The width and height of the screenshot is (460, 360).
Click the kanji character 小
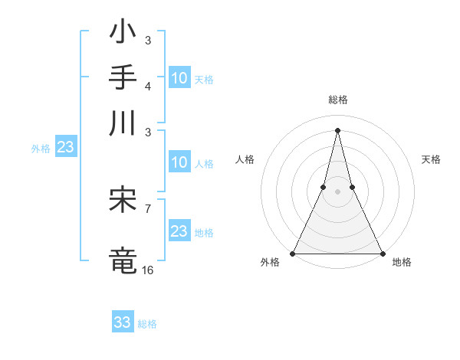(x=123, y=34)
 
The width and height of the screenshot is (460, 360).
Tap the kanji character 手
(x=123, y=79)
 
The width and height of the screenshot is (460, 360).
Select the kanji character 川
(x=123, y=123)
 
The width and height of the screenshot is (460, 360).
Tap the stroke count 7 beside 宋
(x=148, y=208)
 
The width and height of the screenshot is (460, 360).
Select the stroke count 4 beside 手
(x=148, y=85)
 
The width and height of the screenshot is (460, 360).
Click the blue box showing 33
(x=123, y=322)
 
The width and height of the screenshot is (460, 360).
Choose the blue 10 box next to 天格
(x=179, y=78)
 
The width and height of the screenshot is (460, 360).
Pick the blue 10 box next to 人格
(x=179, y=162)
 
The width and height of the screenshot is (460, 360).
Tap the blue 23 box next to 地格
(x=179, y=231)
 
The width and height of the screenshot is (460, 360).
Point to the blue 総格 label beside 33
(x=147, y=324)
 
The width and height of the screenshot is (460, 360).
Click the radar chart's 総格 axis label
(x=337, y=100)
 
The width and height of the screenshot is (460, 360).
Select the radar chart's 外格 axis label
(x=270, y=263)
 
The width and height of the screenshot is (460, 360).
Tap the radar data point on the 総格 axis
(x=337, y=129)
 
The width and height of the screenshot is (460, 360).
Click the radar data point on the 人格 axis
(x=323, y=187)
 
